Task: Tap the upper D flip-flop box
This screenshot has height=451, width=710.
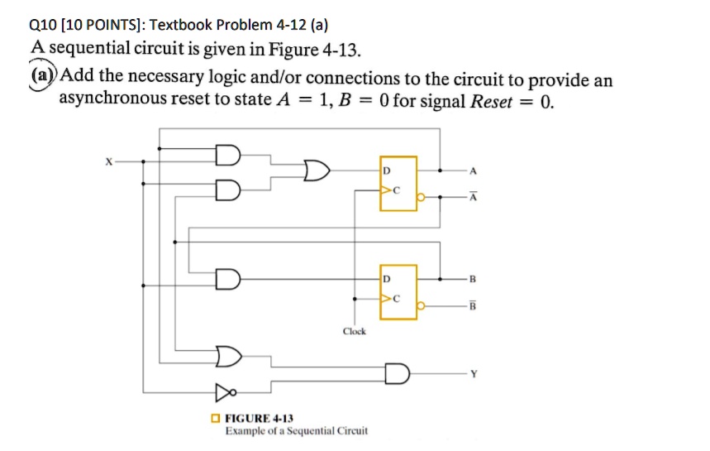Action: [398, 181]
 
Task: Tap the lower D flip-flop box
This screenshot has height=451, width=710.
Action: [398, 292]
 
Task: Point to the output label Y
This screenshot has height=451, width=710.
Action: [474, 372]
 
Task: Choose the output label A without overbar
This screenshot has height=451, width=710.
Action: [473, 171]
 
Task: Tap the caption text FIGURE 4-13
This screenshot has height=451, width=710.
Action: [259, 419]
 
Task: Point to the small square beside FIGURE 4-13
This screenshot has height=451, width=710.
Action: [215, 419]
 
